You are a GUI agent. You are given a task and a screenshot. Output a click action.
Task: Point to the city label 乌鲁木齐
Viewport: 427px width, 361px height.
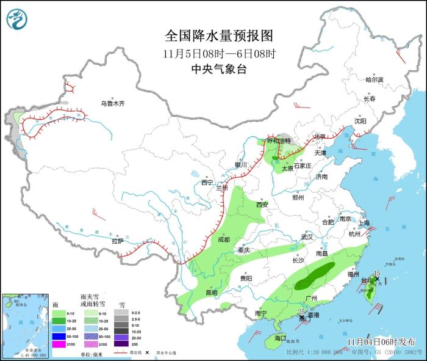[112, 104]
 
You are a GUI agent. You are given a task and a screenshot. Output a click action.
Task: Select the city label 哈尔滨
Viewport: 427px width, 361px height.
[374, 80]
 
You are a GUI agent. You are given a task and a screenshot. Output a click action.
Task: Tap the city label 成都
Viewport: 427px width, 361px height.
[223, 239]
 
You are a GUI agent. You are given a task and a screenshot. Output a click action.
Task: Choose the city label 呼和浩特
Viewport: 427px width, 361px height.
[279, 140]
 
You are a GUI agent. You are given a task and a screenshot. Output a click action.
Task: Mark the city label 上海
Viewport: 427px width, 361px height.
[365, 223]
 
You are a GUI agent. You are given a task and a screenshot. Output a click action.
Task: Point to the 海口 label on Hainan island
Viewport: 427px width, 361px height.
[280, 338]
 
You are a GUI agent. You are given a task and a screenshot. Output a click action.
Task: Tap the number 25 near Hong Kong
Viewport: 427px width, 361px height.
[301, 312]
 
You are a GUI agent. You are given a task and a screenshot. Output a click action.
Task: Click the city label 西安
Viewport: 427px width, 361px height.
[262, 205]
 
